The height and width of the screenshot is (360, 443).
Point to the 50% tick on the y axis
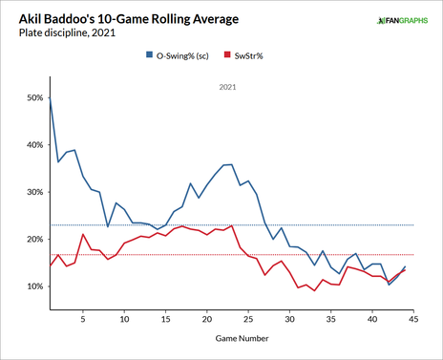(x=32, y=97)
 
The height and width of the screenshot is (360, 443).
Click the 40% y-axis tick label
(x=32, y=145)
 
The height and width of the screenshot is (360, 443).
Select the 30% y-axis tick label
(x=32, y=192)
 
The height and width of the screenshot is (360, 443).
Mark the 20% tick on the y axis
(x=32, y=240)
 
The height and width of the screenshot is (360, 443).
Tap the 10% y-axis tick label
(x=32, y=286)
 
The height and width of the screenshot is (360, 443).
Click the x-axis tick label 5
(x=83, y=321)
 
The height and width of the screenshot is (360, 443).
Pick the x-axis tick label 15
(x=165, y=321)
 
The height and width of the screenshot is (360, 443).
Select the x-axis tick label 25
(x=248, y=321)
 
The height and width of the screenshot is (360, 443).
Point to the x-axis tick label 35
(x=331, y=321)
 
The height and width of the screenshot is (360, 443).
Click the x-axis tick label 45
(x=413, y=321)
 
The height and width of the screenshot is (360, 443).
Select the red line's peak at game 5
(x=83, y=234)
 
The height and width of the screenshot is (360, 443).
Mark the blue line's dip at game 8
(x=108, y=226)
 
